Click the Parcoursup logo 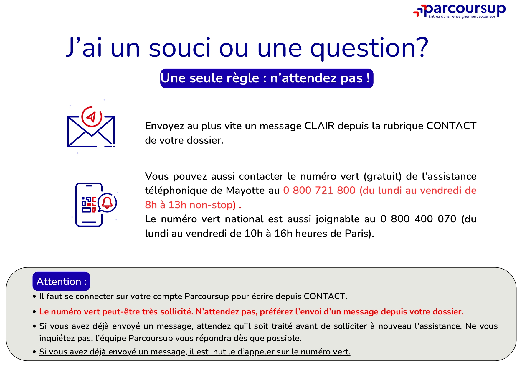(x=459, y=11)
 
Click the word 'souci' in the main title (x=180, y=48)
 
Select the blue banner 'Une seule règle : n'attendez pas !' (x=267, y=78)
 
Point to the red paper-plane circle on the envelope (x=92, y=117)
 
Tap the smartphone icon (x=89, y=205)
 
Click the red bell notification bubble (x=107, y=203)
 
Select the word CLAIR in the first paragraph (x=319, y=126)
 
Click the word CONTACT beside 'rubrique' (x=451, y=126)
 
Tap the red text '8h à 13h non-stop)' (x=190, y=205)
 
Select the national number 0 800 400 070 (x=418, y=219)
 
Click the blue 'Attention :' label (x=61, y=281)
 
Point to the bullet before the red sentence (x=34, y=312)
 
